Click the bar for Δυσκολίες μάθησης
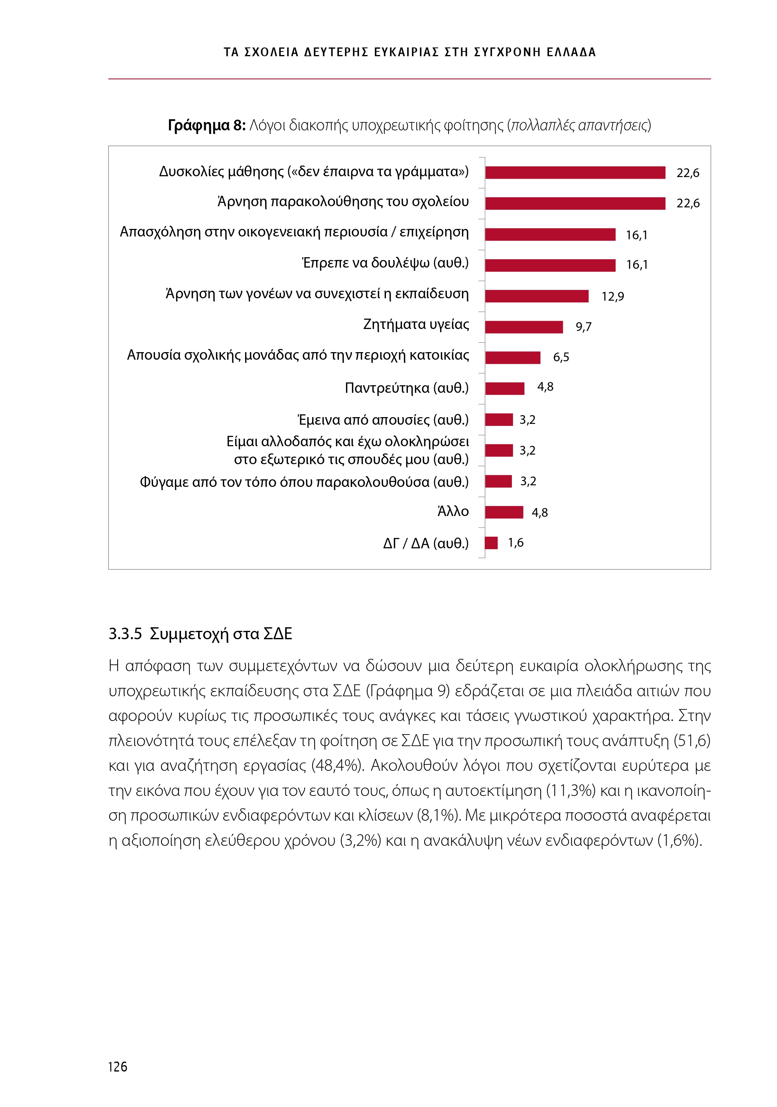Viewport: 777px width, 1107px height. pos(574,172)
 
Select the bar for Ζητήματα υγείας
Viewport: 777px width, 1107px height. pos(523,327)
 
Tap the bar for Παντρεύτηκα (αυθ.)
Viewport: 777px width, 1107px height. pos(504,388)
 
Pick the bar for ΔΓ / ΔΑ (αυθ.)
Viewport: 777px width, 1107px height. pos(491,543)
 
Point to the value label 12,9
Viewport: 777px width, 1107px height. pos(612,297)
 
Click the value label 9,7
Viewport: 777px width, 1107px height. pos(583,327)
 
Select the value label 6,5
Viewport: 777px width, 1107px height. pos(561,357)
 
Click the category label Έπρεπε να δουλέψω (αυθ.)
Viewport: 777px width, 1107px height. pos(385,263)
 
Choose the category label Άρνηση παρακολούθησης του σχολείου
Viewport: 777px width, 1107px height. pos(343,201)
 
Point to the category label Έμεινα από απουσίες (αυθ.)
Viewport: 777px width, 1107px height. pos(383,420)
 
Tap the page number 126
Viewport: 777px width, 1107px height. pos(118,1066)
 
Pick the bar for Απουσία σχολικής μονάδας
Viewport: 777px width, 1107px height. pos(512,358)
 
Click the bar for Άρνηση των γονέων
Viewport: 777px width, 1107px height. pos(537,296)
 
